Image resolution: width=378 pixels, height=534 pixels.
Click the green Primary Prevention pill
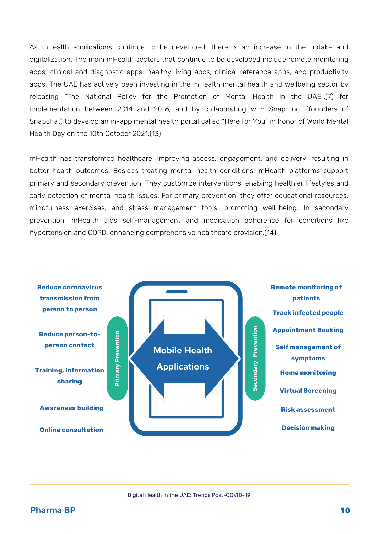pyautogui.click(x=117, y=358)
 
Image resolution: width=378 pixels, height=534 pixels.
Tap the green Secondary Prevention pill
pyautogui.click(x=255, y=358)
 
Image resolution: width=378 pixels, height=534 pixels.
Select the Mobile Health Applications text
pyautogui.click(x=183, y=358)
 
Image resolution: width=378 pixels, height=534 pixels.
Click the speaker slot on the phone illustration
pyautogui.click(x=177, y=292)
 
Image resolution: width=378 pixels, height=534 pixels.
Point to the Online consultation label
pyautogui.click(x=71, y=430)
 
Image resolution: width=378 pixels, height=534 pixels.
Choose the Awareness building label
pyautogui.click(x=71, y=408)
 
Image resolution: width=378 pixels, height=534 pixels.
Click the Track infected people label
pyautogui.click(x=308, y=313)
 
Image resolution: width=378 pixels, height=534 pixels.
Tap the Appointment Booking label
pyautogui.click(x=308, y=330)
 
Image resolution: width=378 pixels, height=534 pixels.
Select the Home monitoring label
pyautogui.click(x=308, y=373)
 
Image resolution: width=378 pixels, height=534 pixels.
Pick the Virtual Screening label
pyautogui.click(x=308, y=391)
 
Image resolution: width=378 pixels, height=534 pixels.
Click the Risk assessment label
pyautogui.click(x=308, y=410)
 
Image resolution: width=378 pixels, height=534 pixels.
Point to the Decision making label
pyautogui.click(x=308, y=428)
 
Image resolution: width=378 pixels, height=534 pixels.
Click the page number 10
pyautogui.click(x=345, y=511)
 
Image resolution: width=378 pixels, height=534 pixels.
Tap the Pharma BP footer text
pyautogui.click(x=53, y=510)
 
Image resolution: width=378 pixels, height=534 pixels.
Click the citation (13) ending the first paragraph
pyautogui.click(x=155, y=133)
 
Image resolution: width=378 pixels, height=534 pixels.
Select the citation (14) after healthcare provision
pyautogui.click(x=270, y=233)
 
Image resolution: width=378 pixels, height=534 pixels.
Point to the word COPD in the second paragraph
pyautogui.click(x=97, y=233)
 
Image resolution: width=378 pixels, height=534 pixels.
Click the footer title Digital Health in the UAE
pyautogui.click(x=189, y=495)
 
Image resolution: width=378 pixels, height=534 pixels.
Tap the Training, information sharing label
pyautogui.click(x=70, y=376)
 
